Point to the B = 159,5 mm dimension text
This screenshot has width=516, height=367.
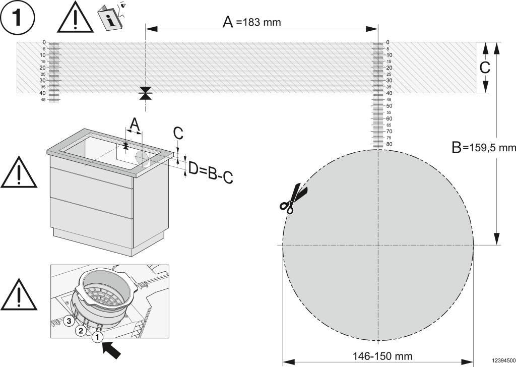pyautogui.click(x=484, y=148)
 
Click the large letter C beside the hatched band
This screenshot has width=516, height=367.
pyautogui.click(x=484, y=68)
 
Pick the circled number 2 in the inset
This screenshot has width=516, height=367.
pyautogui.click(x=80, y=331)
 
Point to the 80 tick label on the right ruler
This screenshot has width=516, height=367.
pyautogui.click(x=389, y=144)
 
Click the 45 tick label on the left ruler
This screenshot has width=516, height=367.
pyautogui.click(x=43, y=100)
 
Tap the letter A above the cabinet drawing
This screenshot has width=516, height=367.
pyautogui.click(x=134, y=123)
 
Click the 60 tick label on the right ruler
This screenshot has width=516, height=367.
pyautogui.click(x=389, y=118)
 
